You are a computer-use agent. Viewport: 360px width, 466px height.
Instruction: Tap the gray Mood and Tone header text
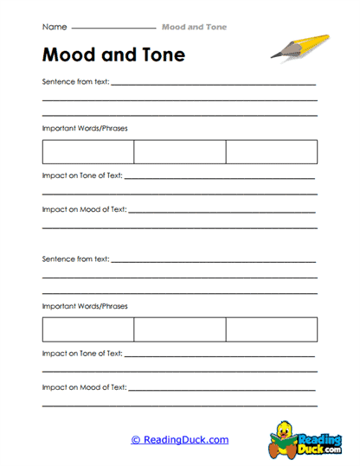(194, 27)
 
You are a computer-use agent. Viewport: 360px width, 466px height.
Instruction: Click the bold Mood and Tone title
(112, 55)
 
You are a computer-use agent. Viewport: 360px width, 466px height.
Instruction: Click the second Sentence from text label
(74, 259)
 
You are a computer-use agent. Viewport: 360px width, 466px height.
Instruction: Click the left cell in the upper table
(87, 152)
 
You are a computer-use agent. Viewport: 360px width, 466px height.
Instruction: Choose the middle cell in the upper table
(179, 152)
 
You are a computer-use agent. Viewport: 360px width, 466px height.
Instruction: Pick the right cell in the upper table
(271, 152)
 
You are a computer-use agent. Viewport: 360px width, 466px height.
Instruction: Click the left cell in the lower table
(87, 329)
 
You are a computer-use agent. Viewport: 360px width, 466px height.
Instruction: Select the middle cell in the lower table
(179, 329)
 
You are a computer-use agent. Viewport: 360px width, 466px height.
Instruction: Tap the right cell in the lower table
(271, 329)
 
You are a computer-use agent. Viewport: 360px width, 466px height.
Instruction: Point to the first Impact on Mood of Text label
(83, 209)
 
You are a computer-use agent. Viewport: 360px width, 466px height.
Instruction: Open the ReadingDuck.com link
(179, 440)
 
